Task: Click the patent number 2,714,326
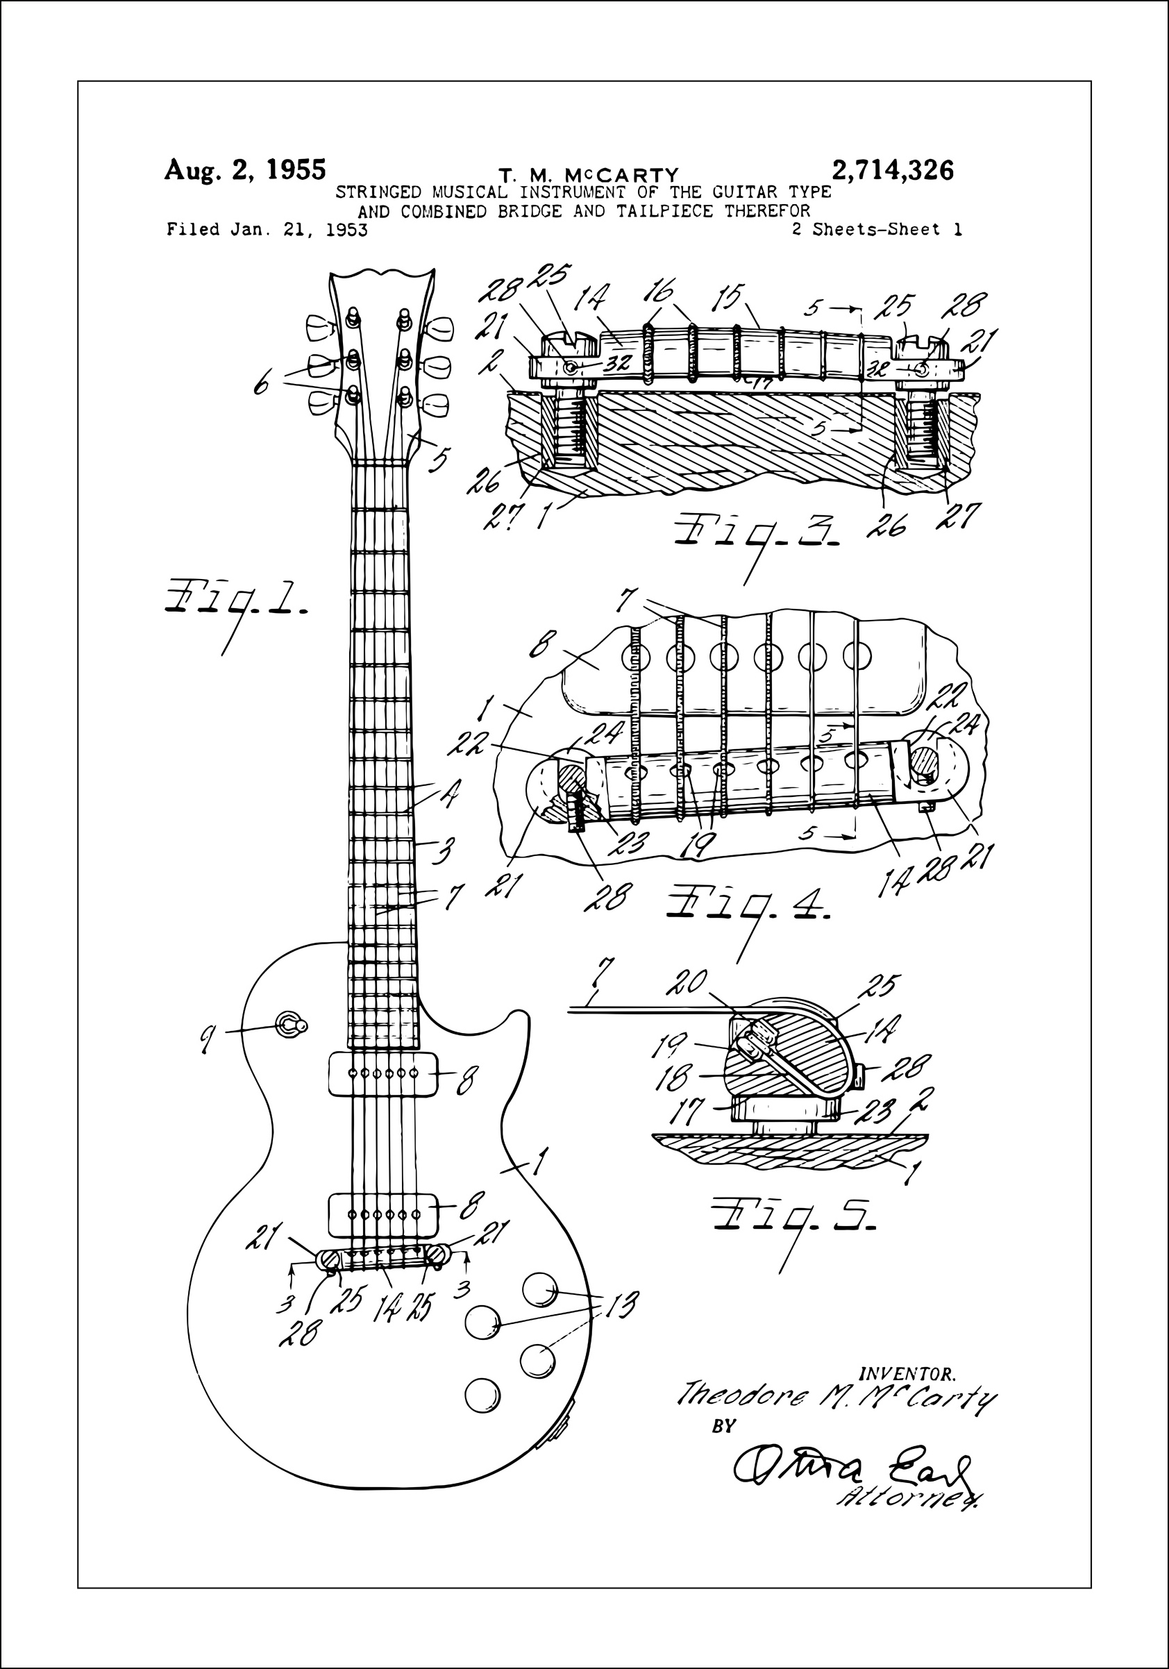coord(892,171)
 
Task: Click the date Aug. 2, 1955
coord(245,169)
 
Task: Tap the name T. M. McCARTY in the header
coord(588,175)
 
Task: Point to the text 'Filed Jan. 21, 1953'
coord(267,230)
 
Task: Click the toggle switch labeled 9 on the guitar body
coord(292,1025)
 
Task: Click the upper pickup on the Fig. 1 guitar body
coord(385,1073)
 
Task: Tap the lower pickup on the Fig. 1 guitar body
coord(385,1214)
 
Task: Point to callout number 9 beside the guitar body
coord(208,1040)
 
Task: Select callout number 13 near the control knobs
coord(621,1304)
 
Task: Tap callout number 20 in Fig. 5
coord(687,983)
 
